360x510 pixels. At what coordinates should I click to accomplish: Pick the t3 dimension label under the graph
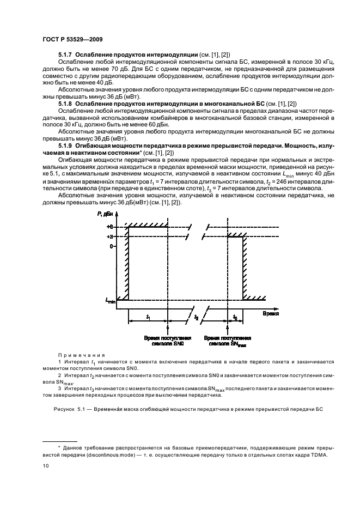[x=235, y=317]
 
